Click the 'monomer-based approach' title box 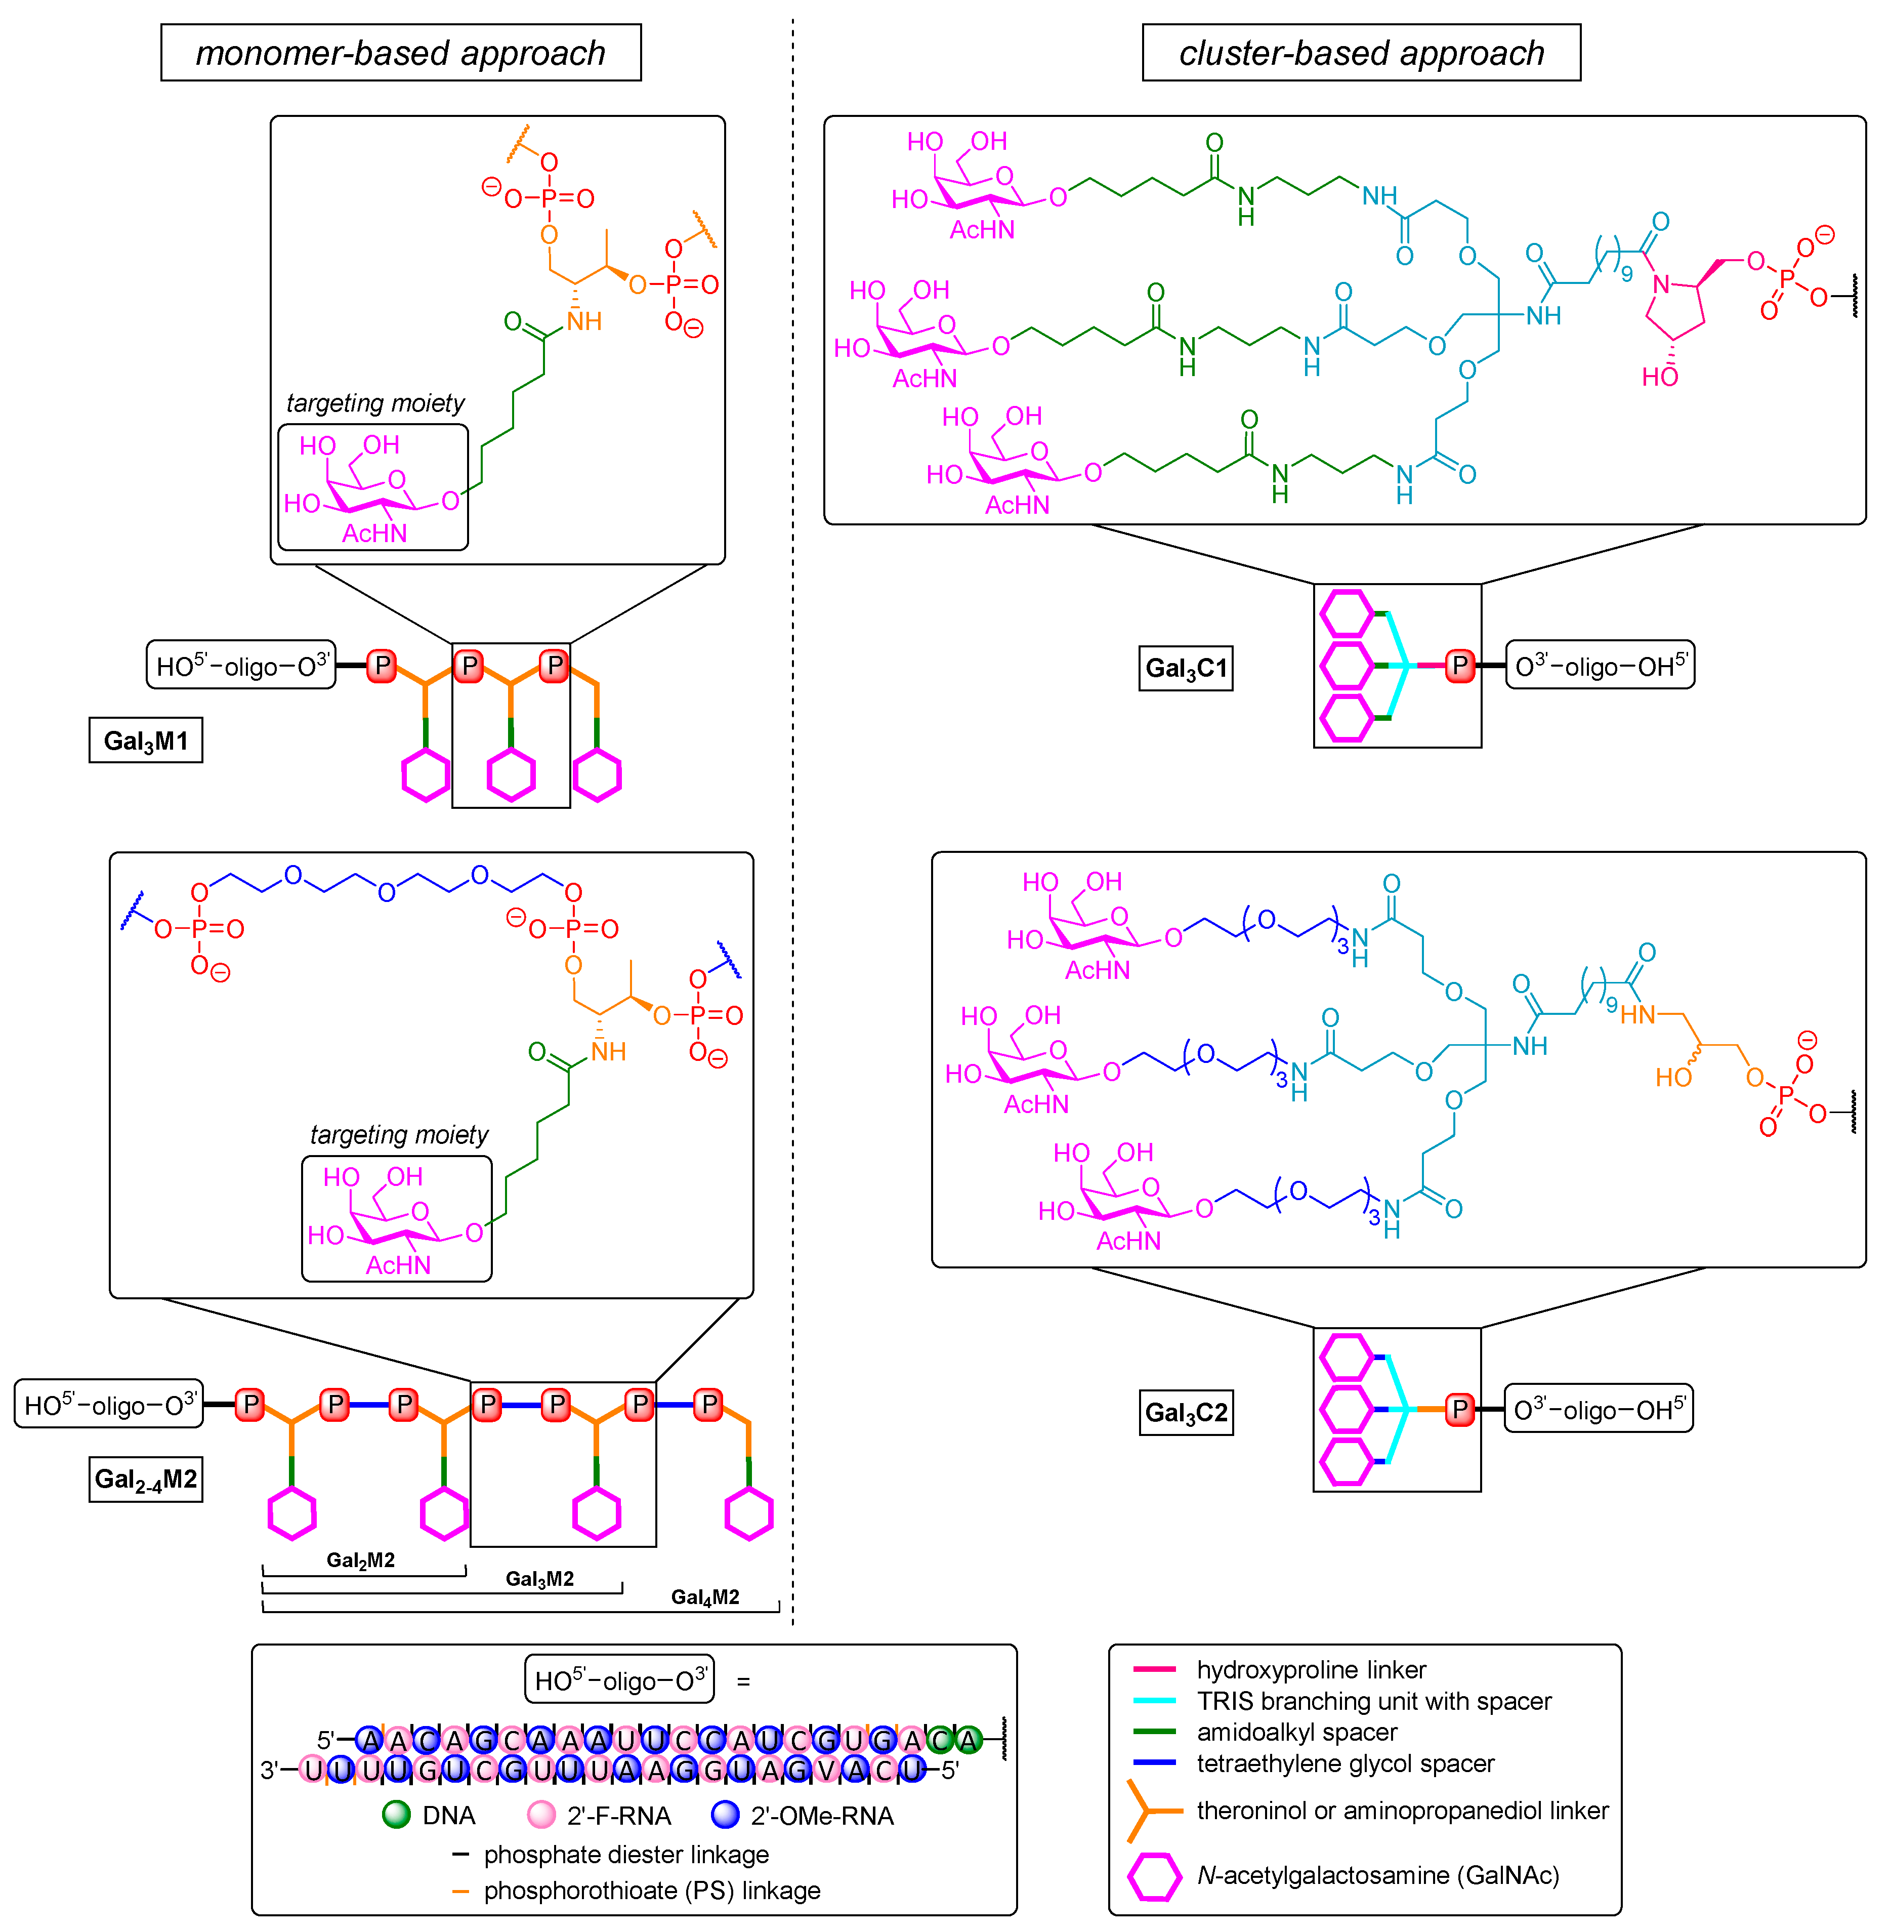(x=400, y=53)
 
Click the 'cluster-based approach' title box (x=1361, y=53)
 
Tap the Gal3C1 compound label (x=1186, y=668)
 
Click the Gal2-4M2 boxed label (x=146, y=1479)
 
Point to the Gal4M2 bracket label (x=705, y=1596)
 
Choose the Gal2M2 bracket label (x=360, y=1559)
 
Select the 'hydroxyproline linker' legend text (x=1311, y=1670)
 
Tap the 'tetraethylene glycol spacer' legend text (x=1345, y=1763)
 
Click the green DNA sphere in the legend (x=396, y=1815)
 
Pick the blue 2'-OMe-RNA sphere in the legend (x=726, y=1815)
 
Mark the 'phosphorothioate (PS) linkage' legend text (x=652, y=1891)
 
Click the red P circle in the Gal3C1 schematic (x=1459, y=666)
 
